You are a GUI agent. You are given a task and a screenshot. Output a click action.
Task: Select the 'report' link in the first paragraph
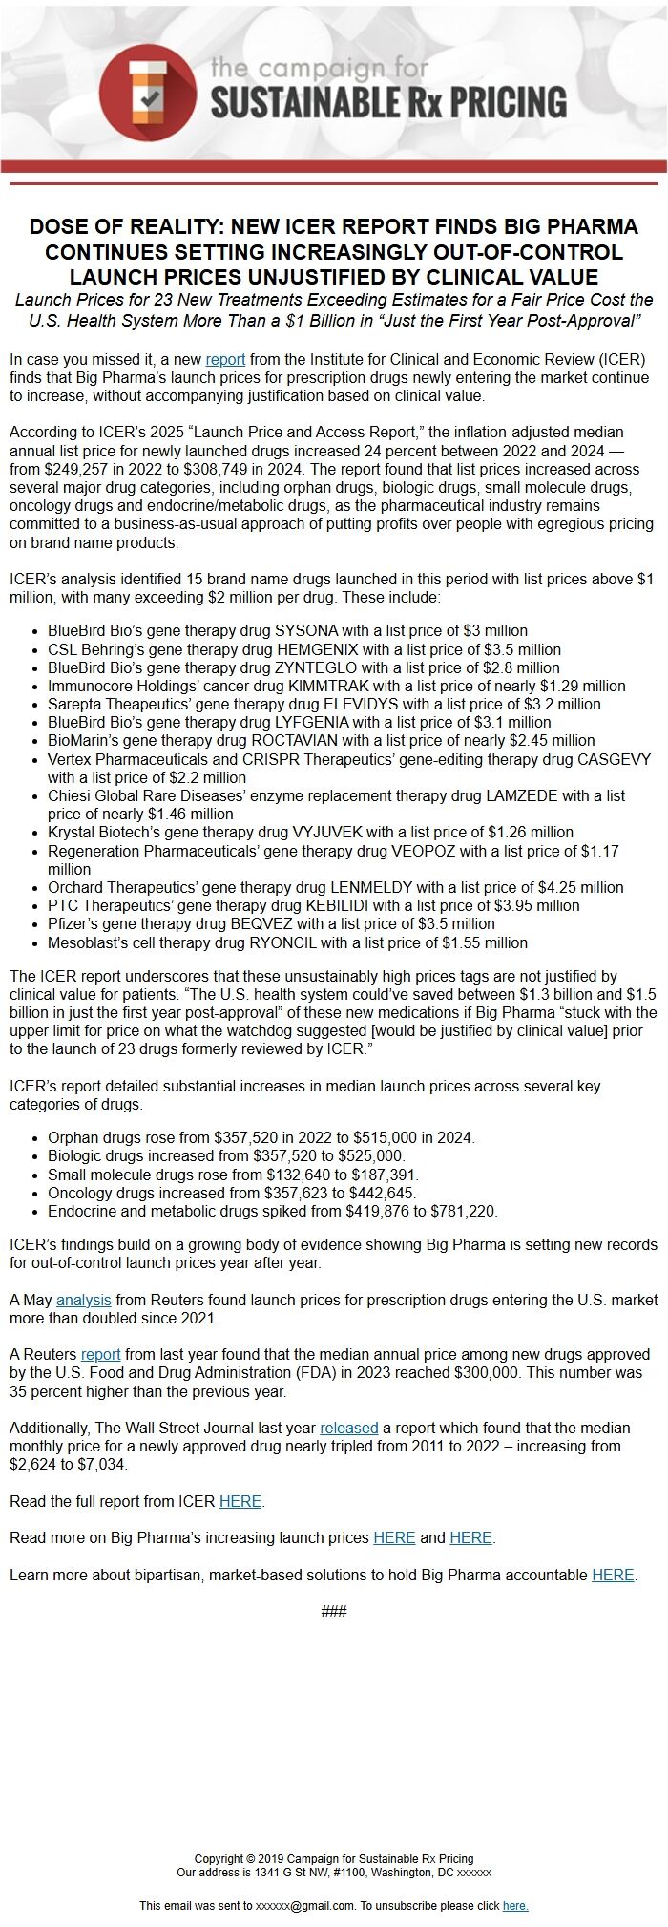(225, 359)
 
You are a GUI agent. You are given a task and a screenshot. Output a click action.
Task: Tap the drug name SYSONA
(306, 630)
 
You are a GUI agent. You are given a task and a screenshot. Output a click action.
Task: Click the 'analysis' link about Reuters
(83, 1300)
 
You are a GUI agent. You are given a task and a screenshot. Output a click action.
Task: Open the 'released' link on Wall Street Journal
(348, 1428)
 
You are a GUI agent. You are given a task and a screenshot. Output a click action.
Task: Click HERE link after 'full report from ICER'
(240, 1501)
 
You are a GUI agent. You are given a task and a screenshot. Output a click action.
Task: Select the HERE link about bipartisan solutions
(613, 1575)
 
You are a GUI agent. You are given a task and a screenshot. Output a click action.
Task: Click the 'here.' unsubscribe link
(515, 1905)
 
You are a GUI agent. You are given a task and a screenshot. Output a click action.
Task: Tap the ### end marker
(334, 1612)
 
